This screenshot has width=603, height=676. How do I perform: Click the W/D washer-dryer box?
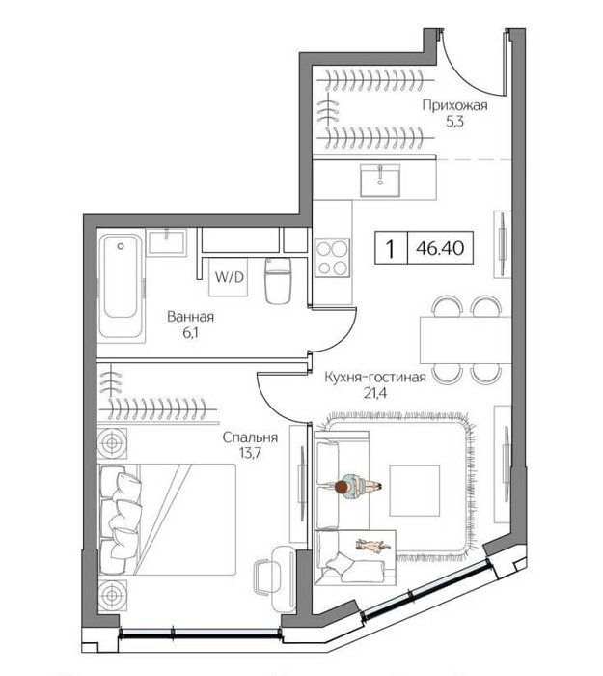click(x=229, y=277)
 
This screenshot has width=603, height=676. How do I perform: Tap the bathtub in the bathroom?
click(x=121, y=286)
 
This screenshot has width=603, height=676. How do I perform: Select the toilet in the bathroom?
click(x=278, y=281)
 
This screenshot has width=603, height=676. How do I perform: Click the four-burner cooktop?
click(x=332, y=258)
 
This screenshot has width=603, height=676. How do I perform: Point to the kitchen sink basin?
click(x=380, y=181)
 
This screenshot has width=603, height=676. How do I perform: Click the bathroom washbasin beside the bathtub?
click(x=166, y=242)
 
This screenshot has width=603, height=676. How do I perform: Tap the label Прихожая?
click(x=454, y=105)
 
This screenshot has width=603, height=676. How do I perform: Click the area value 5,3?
click(x=454, y=122)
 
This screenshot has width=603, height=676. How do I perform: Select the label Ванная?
click(x=190, y=317)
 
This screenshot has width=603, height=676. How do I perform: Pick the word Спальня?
click(x=250, y=437)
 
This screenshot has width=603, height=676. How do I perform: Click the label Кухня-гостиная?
click(x=375, y=378)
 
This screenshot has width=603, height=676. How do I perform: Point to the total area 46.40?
click(x=440, y=248)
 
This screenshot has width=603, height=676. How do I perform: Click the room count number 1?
click(x=391, y=248)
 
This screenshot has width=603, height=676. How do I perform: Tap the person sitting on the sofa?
click(x=358, y=487)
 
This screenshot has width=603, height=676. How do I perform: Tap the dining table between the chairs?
click(x=466, y=340)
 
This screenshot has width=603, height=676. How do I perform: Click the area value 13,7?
click(x=250, y=453)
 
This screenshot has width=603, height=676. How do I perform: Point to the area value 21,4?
click(x=374, y=393)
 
